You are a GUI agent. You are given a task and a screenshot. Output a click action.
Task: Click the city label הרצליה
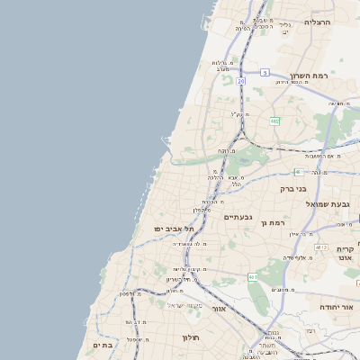318,21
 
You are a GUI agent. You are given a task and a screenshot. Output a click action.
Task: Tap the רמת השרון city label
311,76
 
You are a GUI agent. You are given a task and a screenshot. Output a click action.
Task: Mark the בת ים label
102,345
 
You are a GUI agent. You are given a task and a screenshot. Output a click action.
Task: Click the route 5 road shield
265,72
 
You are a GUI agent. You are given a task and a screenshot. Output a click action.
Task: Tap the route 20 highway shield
241,81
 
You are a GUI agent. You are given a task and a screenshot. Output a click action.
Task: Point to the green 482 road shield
274,120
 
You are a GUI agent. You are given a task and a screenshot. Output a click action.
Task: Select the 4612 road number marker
320,246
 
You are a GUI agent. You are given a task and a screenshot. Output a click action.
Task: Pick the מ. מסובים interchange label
285,289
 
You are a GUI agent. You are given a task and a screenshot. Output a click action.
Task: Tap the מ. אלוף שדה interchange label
298,257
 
